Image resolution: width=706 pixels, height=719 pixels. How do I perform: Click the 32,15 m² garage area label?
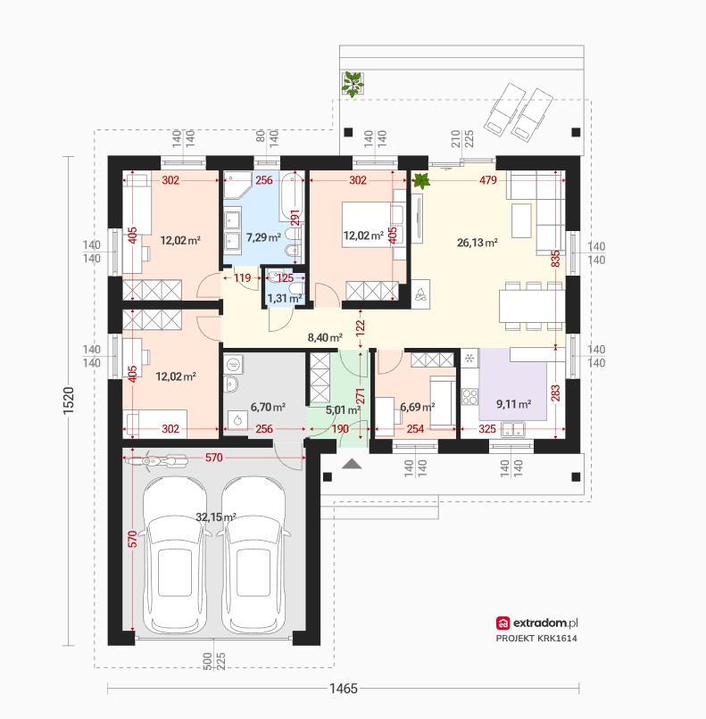[x=216, y=517]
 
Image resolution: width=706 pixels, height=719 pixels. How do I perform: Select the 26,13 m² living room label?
[x=478, y=243]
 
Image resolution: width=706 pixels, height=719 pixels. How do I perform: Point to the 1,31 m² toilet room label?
[x=285, y=299]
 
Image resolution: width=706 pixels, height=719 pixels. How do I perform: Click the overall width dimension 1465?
[x=343, y=689]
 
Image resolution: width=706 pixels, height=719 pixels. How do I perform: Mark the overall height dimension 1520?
[x=69, y=401]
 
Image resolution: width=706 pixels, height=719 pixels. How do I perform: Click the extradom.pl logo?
[x=536, y=623]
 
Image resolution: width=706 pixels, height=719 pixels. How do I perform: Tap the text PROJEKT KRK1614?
[x=536, y=639]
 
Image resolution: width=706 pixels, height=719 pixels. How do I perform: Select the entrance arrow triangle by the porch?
[x=352, y=464]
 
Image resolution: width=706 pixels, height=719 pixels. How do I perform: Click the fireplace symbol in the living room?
[x=420, y=294]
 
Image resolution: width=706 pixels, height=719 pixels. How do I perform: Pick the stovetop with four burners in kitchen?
[x=469, y=397]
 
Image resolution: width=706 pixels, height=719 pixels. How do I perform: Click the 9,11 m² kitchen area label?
[x=514, y=404]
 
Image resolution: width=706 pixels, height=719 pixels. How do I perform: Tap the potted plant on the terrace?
[x=353, y=84]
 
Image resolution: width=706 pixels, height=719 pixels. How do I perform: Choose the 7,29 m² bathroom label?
[x=263, y=237]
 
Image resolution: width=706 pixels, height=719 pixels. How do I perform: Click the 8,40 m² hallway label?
[x=325, y=338]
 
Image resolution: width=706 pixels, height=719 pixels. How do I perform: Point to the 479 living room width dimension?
[x=488, y=180]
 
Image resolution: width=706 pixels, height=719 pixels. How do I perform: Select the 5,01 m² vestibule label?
[x=343, y=410]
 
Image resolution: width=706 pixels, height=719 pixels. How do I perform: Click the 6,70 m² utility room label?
[x=268, y=407]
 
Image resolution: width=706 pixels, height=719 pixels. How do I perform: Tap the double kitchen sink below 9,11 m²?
[x=513, y=430]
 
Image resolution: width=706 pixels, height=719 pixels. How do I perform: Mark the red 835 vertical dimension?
[x=555, y=259]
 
